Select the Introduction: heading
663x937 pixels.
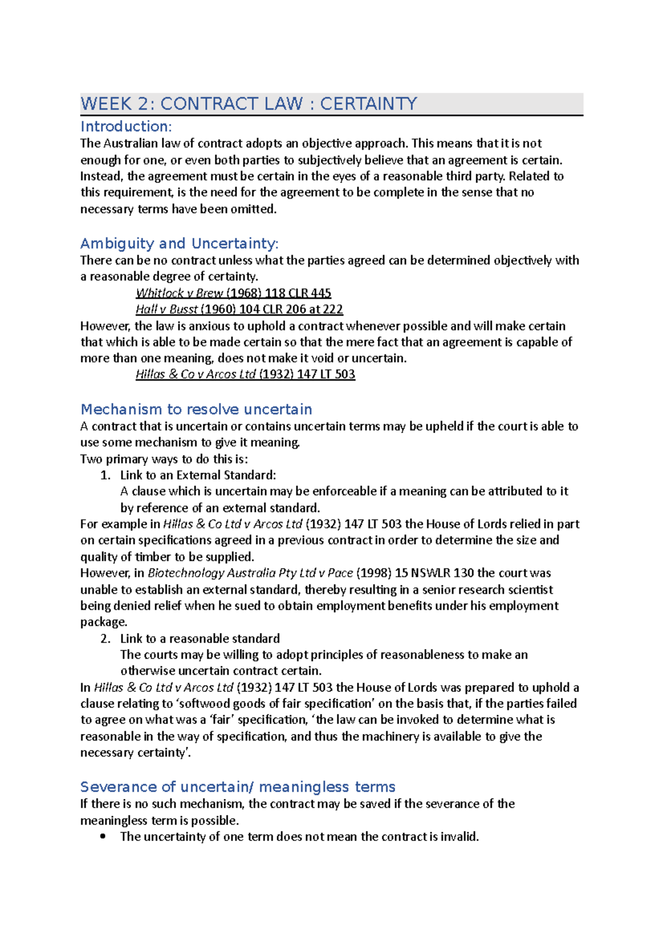coord(126,126)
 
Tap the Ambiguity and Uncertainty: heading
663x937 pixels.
coord(180,243)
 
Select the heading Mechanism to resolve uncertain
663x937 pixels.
coord(196,409)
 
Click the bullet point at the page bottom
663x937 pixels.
coord(103,837)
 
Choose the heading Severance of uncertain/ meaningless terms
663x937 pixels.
coord(238,787)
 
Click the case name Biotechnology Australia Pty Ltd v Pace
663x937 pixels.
coord(250,573)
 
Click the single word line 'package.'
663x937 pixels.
coord(104,622)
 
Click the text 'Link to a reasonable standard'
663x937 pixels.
coord(200,638)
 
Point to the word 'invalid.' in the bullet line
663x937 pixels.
coord(459,837)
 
